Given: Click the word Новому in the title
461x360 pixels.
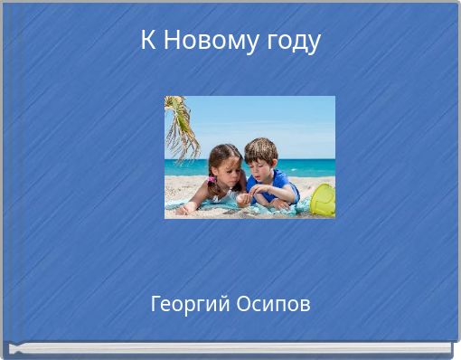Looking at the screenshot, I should [202, 42].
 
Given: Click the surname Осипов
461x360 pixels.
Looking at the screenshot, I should [274, 305].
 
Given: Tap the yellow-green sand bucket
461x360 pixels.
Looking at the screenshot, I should [324, 200].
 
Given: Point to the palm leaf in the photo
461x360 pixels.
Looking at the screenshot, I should [182, 127].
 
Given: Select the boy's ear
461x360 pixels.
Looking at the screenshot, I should [272, 164].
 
